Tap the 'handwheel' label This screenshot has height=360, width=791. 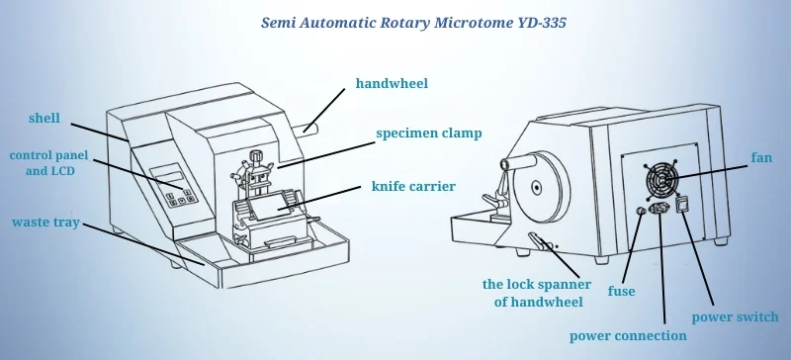point(392,84)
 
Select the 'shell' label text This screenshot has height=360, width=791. point(44,119)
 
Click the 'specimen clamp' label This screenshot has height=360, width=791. point(427,132)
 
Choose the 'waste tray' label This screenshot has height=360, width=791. point(45,223)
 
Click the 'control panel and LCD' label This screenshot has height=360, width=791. point(44,163)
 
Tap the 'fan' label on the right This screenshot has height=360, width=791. point(760,157)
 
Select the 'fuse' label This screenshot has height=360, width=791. point(621,292)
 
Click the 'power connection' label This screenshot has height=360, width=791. point(628,335)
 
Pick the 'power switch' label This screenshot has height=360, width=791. point(735,317)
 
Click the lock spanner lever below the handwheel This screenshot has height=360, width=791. point(538,242)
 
